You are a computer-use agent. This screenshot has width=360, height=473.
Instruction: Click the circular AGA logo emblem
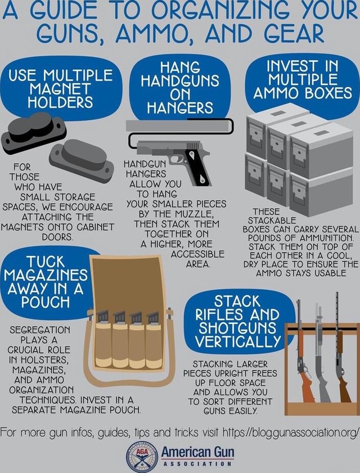click(x=139, y=454)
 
